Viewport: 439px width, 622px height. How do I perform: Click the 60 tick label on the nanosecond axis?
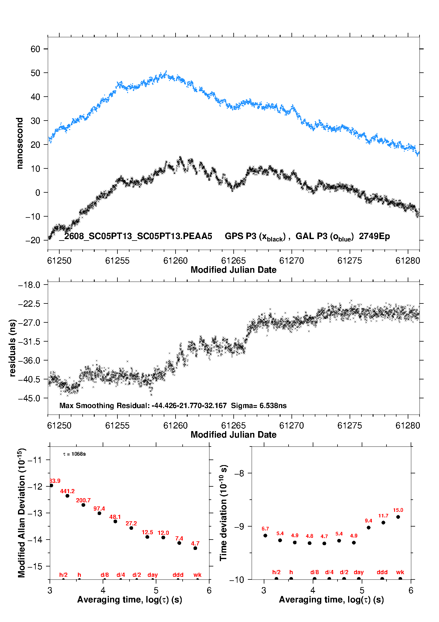click(35, 49)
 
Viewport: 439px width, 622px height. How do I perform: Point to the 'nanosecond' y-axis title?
click(20, 143)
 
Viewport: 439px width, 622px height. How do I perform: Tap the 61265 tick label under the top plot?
click(233, 261)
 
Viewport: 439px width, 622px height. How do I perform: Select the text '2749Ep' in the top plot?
click(374, 236)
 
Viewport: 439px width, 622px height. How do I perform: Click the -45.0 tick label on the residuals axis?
click(29, 398)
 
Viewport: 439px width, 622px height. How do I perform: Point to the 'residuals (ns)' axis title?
click(12, 348)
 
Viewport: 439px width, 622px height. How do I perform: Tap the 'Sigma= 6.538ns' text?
click(259, 406)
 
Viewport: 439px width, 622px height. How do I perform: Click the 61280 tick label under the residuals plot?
click(408, 426)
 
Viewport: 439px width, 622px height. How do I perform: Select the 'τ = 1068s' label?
click(74, 454)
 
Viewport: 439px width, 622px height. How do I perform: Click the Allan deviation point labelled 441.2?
click(67, 496)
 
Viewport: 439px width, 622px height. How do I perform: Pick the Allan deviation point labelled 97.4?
click(99, 513)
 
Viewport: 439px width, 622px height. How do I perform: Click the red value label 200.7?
click(83, 500)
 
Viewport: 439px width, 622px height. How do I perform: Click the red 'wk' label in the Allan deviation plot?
click(197, 575)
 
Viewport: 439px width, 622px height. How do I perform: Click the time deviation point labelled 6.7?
click(265, 535)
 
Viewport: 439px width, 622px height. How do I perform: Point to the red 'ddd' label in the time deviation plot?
click(382, 572)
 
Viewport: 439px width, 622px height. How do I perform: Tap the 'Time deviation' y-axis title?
click(223, 513)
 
